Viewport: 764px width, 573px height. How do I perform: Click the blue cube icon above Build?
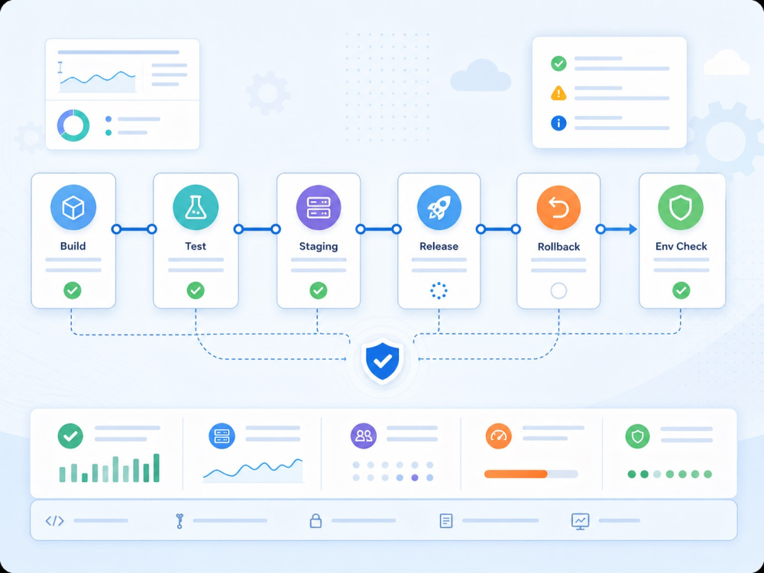point(73,207)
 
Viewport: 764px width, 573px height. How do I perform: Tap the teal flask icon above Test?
point(196,207)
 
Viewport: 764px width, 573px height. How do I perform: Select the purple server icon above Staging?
point(319,207)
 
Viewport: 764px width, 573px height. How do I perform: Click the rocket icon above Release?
point(439,207)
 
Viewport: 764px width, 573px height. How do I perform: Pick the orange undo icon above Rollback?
point(558,208)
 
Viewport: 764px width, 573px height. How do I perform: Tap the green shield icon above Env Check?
point(681,207)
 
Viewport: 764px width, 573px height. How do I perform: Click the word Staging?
point(319,247)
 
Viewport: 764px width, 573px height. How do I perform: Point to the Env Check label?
point(681,246)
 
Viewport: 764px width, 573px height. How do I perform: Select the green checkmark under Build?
point(73,290)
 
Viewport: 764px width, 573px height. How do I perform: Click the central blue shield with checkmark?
point(383,361)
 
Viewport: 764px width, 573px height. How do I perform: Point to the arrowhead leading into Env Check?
point(633,229)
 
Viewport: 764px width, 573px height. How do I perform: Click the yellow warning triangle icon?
point(558,93)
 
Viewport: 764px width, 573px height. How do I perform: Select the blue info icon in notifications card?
point(558,123)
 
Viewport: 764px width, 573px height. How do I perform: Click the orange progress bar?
point(516,474)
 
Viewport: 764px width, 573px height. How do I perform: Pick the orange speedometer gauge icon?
point(498,435)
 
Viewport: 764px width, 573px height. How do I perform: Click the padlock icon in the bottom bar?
point(316,520)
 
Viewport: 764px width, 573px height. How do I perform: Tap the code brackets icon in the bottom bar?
point(54,521)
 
